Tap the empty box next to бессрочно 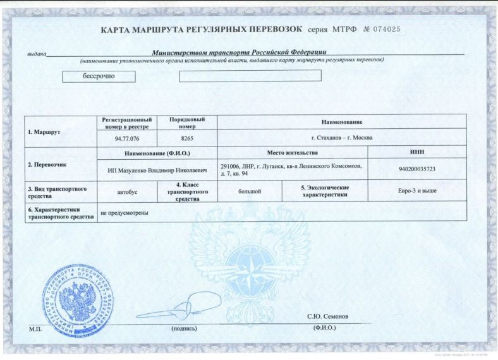(250, 76)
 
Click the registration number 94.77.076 (127, 138)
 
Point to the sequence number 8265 (187, 138)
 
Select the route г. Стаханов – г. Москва (342, 138)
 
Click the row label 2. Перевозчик (47, 165)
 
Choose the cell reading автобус (127, 190)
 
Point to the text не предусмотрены (124, 212)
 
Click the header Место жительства (292, 153)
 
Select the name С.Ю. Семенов (327, 316)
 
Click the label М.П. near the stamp (34, 329)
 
